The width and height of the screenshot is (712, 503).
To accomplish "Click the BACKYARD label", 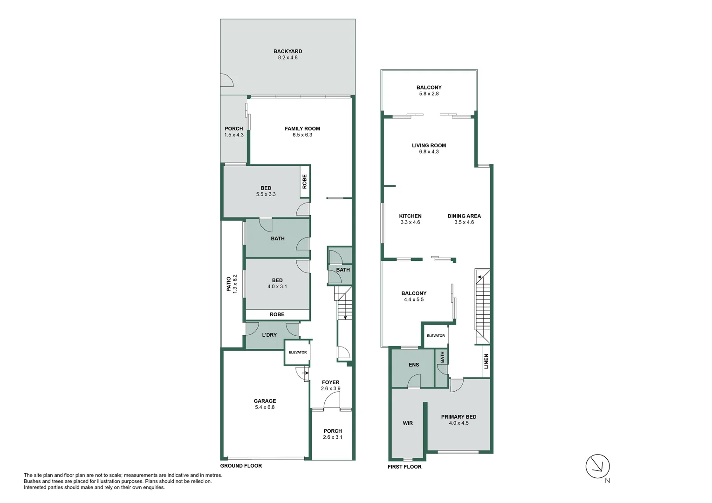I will [x=288, y=52].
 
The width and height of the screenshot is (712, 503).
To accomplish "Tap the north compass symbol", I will [x=598, y=466].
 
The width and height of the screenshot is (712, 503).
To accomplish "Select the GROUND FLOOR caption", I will [x=241, y=466].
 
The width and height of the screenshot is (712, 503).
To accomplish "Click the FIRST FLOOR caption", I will [x=404, y=467].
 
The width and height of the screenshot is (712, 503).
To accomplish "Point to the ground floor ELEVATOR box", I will [x=297, y=352].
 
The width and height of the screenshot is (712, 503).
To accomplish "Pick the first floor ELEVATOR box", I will [x=436, y=336].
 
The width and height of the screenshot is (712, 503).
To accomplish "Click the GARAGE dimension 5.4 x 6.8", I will [x=265, y=408].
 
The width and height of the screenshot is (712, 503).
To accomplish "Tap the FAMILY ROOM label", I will [x=302, y=129].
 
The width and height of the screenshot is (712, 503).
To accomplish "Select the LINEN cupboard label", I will [x=486, y=361].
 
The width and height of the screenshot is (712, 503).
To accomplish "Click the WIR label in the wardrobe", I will [x=408, y=423].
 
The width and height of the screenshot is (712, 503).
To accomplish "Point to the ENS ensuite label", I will [x=414, y=365].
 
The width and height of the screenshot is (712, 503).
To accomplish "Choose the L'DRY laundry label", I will [x=269, y=335].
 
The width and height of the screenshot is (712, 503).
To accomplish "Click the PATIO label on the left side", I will [x=229, y=284].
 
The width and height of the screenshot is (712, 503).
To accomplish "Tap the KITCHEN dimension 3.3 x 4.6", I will [x=410, y=223].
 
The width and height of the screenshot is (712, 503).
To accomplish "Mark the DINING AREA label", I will [x=464, y=216].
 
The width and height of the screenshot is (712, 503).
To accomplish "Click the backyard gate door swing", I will [x=226, y=80].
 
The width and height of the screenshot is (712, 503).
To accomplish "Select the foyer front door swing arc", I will [x=331, y=400].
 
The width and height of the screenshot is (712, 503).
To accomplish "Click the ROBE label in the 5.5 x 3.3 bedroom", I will [x=305, y=181].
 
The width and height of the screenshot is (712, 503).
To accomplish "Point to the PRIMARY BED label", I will [x=459, y=417].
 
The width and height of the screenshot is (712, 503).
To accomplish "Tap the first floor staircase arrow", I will [x=479, y=277].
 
